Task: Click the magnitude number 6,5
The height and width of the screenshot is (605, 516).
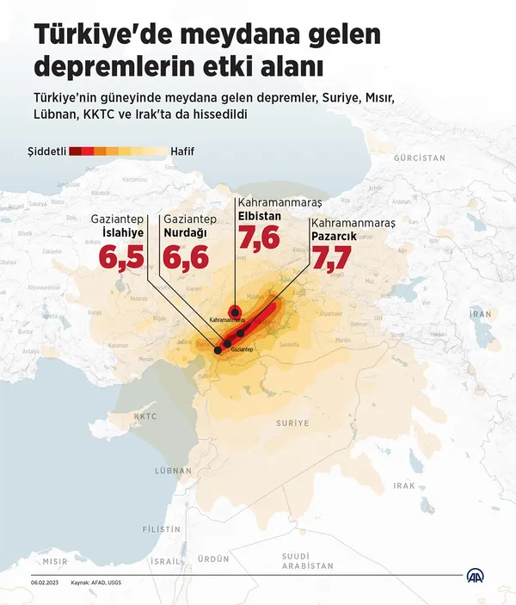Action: pos(121,257)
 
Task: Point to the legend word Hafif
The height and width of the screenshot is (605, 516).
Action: pos(182,151)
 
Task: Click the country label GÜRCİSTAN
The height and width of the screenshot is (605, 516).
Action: pos(419,158)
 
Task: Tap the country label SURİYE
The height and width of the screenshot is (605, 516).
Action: pos(292,423)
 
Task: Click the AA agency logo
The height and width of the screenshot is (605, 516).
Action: pos(476,577)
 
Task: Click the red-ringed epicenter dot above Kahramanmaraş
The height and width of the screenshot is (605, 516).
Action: pos(234,312)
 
